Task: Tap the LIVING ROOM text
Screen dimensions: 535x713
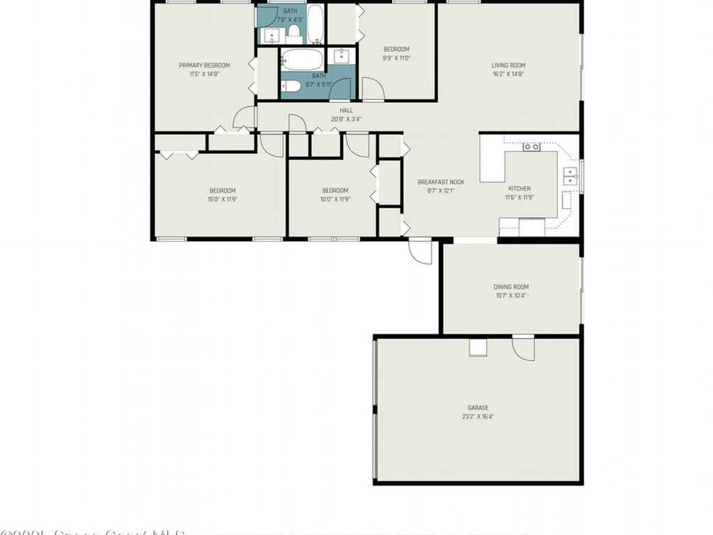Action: (x=508, y=65)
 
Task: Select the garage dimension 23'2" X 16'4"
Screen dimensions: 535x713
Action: (x=478, y=417)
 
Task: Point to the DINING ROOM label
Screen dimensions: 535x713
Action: (x=511, y=287)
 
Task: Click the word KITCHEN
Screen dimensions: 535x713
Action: (x=519, y=189)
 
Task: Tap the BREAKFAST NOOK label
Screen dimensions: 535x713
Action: (x=441, y=183)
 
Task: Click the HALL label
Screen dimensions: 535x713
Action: (x=346, y=110)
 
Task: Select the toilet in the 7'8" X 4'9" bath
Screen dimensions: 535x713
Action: (x=294, y=30)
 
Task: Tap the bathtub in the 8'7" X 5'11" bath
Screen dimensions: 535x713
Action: (x=302, y=59)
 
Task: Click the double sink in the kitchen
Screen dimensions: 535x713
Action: (x=570, y=176)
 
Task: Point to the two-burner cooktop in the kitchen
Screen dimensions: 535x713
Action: (x=532, y=147)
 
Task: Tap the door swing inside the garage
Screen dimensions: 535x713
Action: (x=524, y=348)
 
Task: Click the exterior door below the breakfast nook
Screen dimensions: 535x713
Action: (x=420, y=251)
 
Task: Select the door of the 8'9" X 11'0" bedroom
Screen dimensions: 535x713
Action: (x=373, y=89)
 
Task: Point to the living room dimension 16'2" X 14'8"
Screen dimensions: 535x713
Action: (x=508, y=74)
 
